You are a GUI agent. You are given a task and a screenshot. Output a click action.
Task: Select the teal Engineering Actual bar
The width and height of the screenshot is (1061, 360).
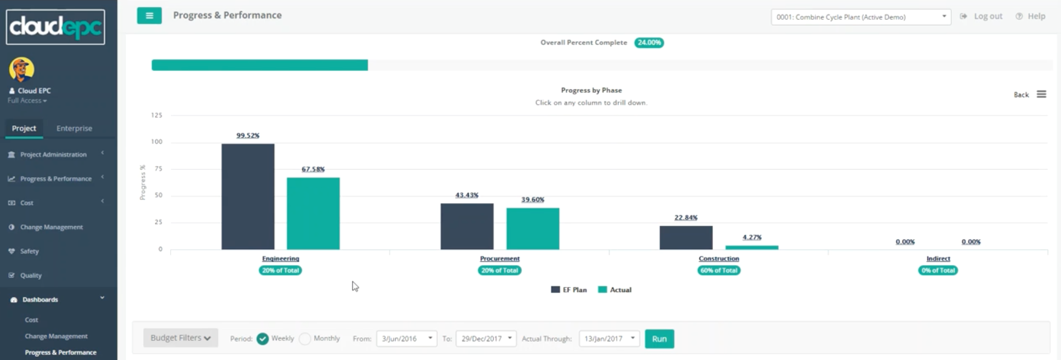point(313,213)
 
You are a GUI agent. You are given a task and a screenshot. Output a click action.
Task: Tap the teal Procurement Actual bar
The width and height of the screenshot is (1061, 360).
point(532,229)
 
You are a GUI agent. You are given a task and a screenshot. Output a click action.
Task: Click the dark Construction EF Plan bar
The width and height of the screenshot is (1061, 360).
point(686,238)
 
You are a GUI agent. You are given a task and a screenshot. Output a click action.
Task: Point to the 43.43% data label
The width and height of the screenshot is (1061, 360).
point(467,195)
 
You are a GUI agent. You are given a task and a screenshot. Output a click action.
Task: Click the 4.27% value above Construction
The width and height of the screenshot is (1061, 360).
point(752,238)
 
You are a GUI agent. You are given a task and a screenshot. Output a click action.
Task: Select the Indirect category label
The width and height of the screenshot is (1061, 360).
point(938,258)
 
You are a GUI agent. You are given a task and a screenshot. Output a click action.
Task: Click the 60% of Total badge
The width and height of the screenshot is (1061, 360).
point(719,271)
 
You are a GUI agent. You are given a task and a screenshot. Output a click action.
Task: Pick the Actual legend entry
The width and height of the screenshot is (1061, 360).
point(615,290)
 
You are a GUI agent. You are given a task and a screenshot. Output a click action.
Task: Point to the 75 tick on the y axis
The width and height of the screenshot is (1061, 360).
point(158,169)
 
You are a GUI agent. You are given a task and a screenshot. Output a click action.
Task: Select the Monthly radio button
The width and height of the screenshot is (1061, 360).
point(305,339)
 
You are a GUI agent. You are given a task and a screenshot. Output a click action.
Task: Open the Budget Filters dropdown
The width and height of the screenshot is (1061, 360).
point(180,338)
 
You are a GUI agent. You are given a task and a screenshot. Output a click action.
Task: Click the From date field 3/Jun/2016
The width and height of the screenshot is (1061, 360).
point(406,339)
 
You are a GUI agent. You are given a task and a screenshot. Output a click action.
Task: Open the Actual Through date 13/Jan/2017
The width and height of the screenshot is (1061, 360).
point(609,339)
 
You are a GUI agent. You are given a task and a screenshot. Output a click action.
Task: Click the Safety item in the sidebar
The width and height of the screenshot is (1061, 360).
point(30,251)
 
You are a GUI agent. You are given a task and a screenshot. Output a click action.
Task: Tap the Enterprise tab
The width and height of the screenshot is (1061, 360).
point(74,128)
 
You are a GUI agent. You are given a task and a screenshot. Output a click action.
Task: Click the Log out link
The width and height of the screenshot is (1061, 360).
point(987,16)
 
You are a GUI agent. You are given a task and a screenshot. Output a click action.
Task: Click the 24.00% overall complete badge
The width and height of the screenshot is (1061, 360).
point(649,43)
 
